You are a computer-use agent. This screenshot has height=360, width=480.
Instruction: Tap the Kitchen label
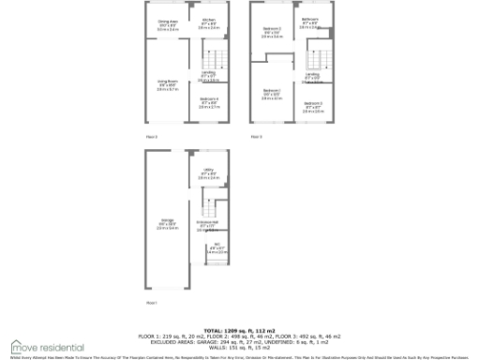208,22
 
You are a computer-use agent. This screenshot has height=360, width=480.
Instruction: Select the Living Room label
167,83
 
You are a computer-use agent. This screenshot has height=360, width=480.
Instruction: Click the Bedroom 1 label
272,95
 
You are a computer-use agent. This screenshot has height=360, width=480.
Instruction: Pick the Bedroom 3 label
313,106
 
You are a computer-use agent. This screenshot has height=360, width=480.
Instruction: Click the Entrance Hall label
207,226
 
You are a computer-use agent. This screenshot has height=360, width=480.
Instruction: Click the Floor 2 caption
151,137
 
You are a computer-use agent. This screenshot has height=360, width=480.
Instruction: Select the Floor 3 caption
255,137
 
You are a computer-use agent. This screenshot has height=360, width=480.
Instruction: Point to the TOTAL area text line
239,330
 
